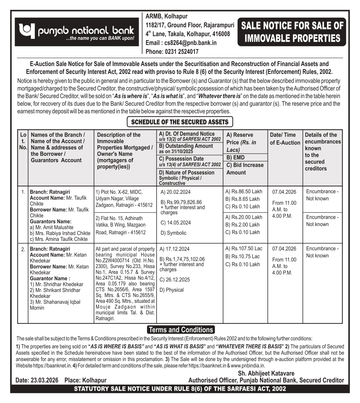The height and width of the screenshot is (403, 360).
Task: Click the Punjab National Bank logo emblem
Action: [25, 31]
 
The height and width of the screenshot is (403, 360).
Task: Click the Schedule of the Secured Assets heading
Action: [180, 122]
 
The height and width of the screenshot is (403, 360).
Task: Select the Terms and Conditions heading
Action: [181, 330]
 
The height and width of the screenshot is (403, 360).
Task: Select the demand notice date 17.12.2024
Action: [175, 249]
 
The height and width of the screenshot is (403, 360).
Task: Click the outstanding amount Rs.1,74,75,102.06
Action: [182, 259]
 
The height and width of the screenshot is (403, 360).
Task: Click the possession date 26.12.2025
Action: [175, 280]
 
